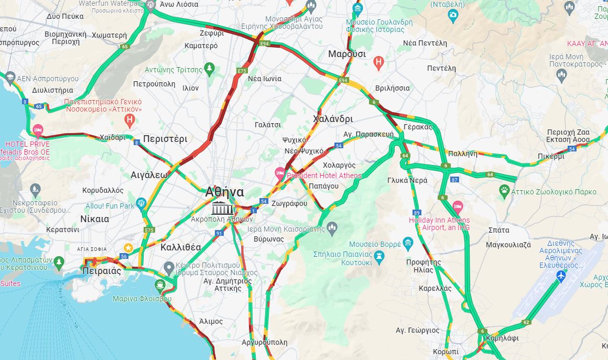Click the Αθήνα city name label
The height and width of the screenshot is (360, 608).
click(x=225, y=192)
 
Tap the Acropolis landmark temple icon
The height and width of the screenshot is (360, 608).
click(x=223, y=208)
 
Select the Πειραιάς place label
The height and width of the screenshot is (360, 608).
click(x=102, y=271)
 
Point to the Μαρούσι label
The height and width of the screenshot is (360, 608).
click(x=347, y=54)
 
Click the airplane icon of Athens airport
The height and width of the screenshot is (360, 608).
click(x=561, y=276)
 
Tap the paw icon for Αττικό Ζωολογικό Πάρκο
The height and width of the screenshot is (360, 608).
click(x=504, y=189)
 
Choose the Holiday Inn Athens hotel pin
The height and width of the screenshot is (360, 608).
click(x=458, y=206)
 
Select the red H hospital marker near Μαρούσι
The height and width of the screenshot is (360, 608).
click(x=378, y=63)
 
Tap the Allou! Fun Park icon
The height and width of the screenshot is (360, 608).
click(x=140, y=203)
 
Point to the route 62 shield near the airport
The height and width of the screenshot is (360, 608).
click(x=527, y=322)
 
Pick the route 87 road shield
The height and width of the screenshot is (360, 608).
click(x=455, y=180)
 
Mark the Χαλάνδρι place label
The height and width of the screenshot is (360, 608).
click(x=333, y=118)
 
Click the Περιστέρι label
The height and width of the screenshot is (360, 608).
click(x=165, y=139)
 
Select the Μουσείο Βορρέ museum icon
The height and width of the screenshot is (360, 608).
click(x=408, y=243)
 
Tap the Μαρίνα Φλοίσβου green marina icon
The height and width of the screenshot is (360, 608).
click(x=159, y=285)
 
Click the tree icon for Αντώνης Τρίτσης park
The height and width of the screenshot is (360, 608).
click(x=210, y=69)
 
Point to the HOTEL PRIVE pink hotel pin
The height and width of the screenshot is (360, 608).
click(x=38, y=129)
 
